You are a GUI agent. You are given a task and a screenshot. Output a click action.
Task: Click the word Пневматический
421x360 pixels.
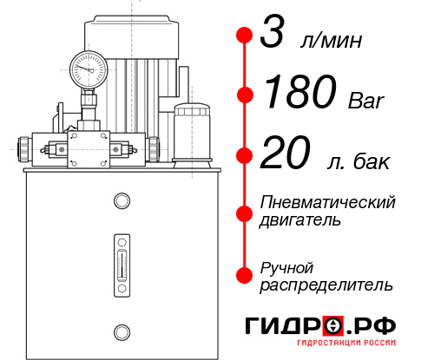tap(327, 202)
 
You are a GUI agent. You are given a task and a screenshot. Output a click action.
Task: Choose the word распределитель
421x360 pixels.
tap(326, 285)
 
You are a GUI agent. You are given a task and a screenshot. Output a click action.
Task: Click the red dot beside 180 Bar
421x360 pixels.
tap(245, 94)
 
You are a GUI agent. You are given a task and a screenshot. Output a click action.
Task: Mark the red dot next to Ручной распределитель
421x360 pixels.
tap(245, 275)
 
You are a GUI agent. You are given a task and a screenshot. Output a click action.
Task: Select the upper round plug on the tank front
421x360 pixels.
tap(122, 202)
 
